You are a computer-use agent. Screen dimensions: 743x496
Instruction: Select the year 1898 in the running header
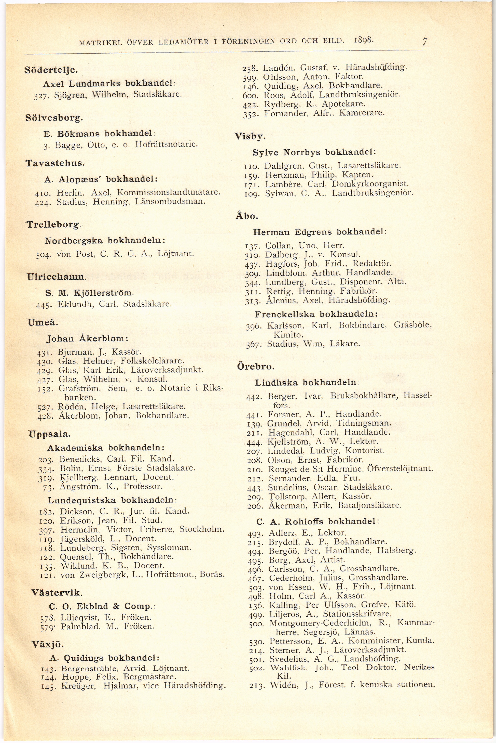[364, 40]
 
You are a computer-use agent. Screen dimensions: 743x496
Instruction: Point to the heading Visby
[250, 137]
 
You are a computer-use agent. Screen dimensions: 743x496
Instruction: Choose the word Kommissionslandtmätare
[169, 192]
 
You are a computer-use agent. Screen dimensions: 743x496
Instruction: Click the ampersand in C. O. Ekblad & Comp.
[116, 606]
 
